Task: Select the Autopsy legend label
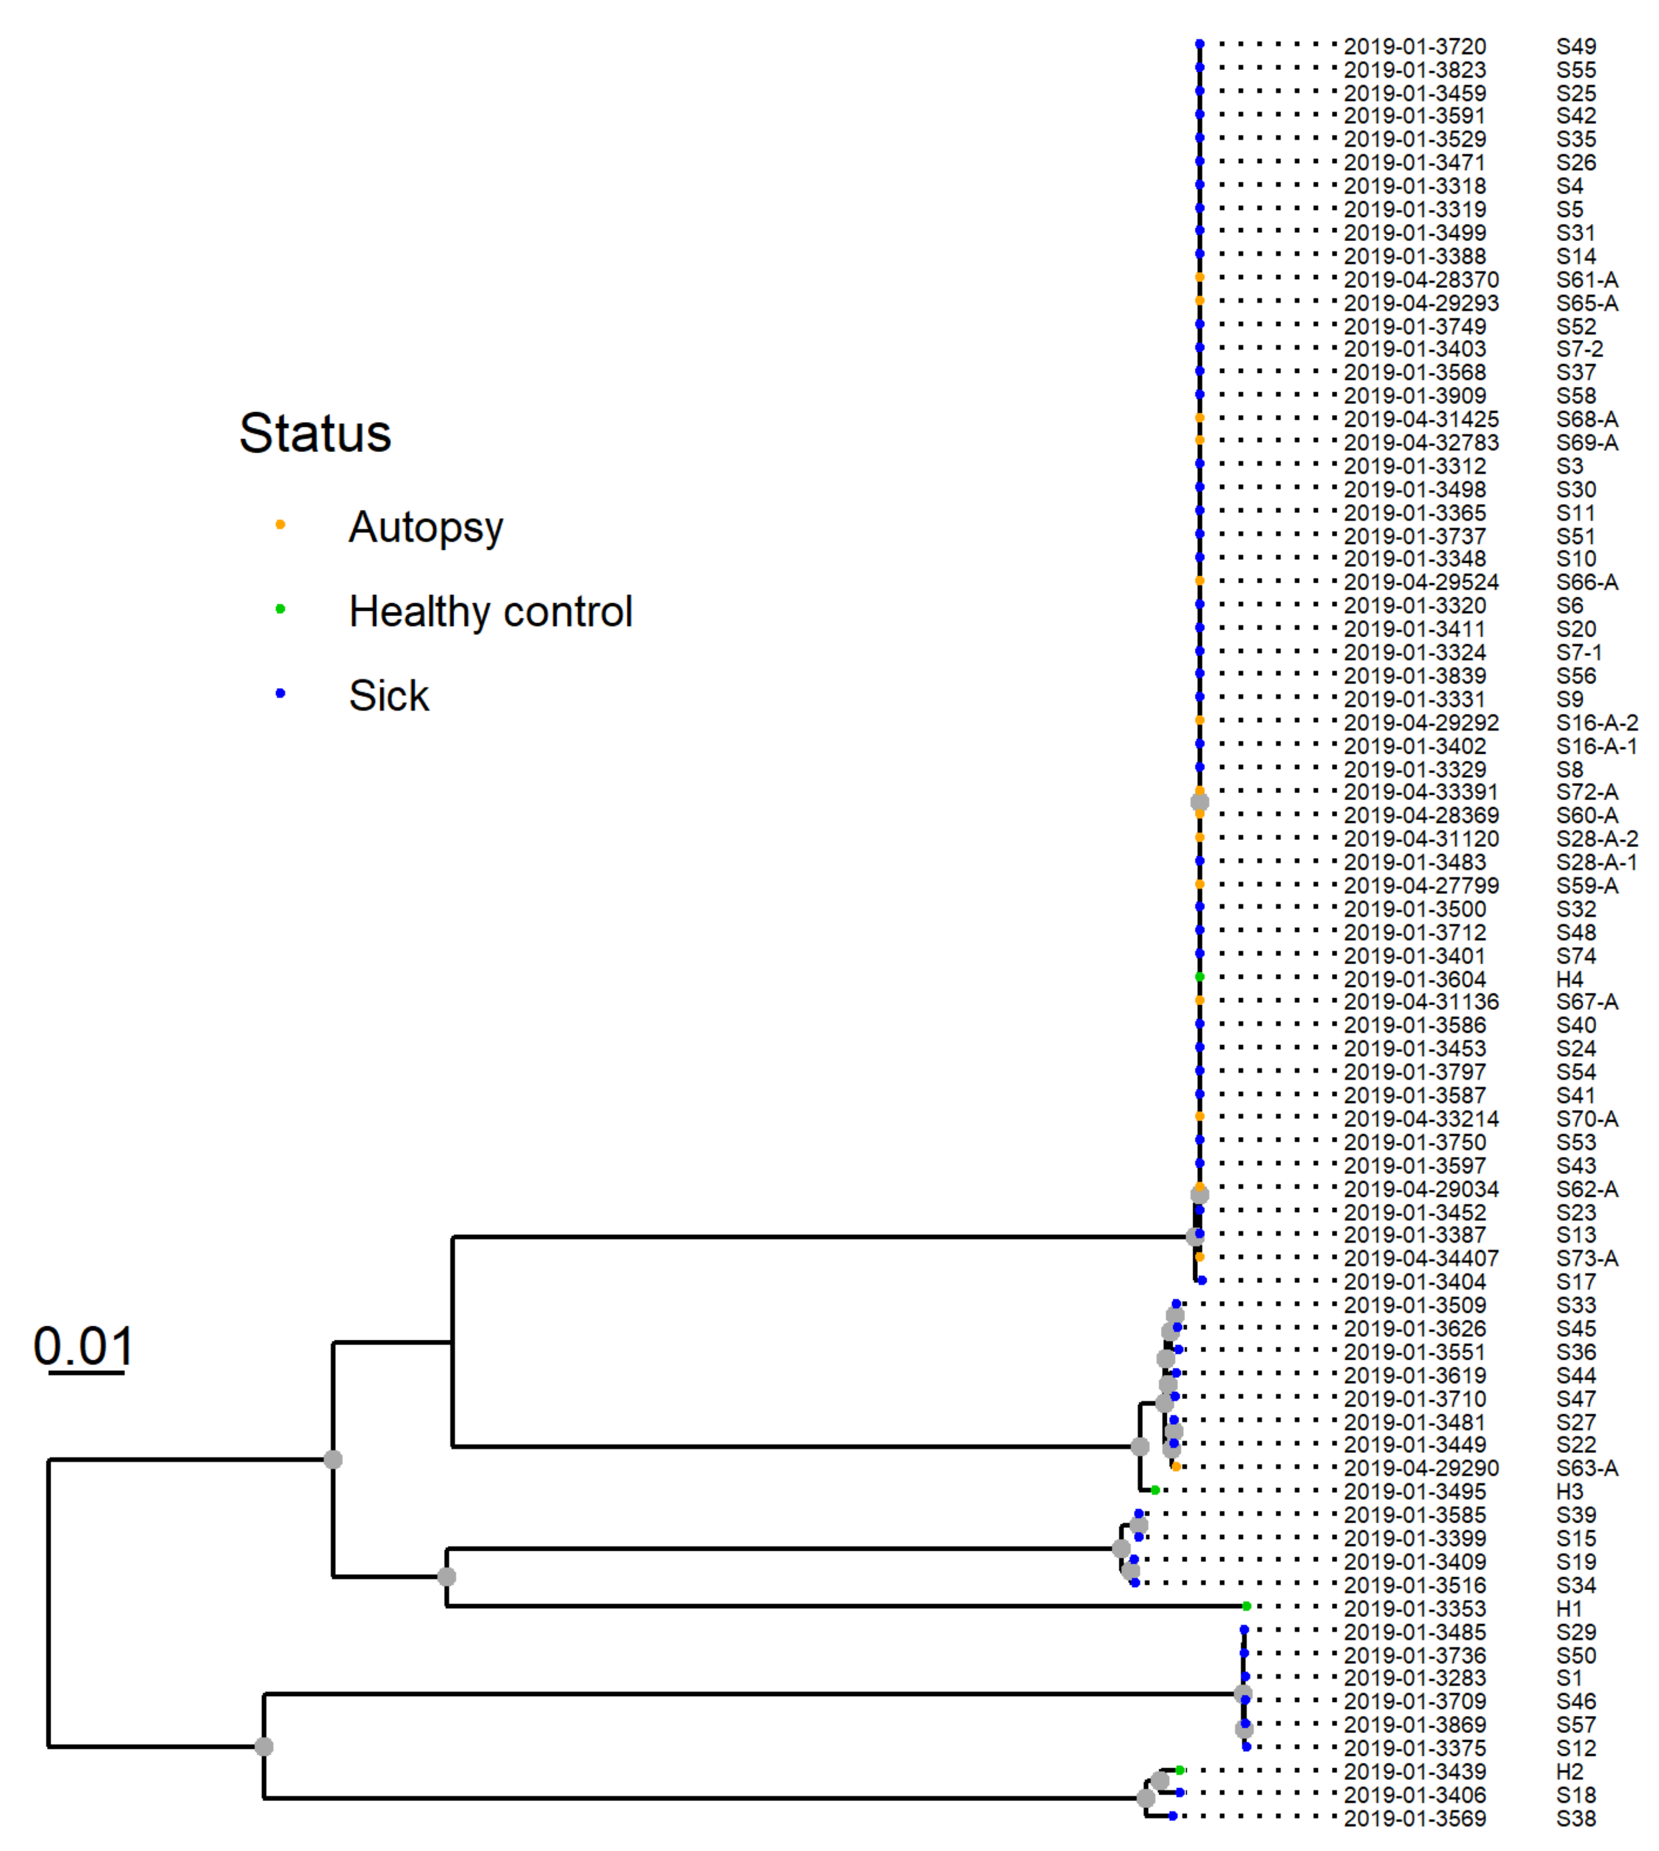tap(425, 527)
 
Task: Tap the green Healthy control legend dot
tap(281, 609)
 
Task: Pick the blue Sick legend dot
tap(281, 694)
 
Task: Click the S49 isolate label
tap(1576, 46)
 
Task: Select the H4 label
tap(1570, 979)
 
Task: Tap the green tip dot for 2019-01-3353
tap(1246, 1607)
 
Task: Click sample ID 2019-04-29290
tap(1421, 1468)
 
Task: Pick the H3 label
tap(1570, 1492)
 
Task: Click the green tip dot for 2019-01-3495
tap(1155, 1491)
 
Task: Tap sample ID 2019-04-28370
tap(1421, 280)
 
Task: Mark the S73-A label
tap(1587, 1259)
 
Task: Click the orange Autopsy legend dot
tap(281, 524)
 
